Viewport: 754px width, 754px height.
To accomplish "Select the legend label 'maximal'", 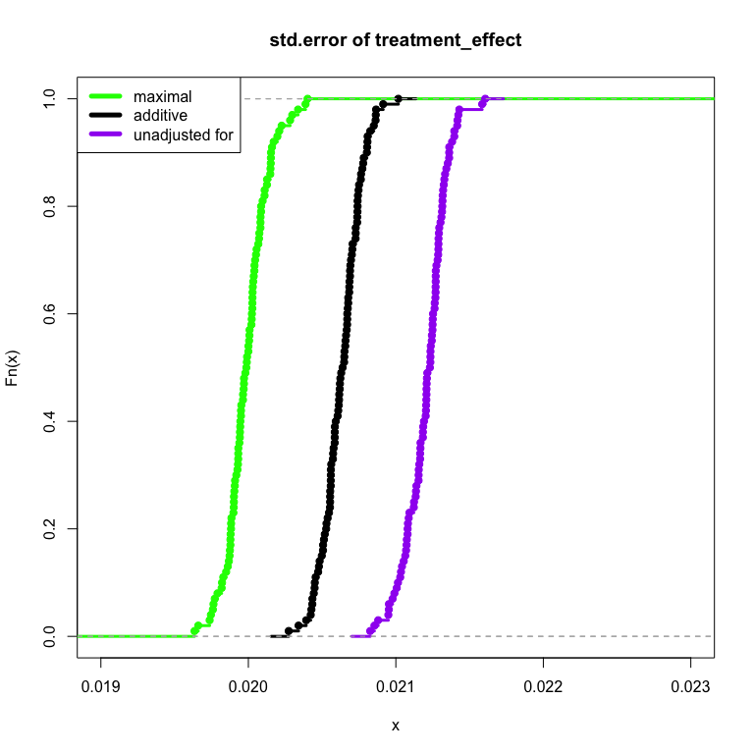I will click(x=162, y=97).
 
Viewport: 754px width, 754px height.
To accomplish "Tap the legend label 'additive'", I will click(x=160, y=116).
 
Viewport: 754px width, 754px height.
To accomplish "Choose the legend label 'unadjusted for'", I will click(x=183, y=135).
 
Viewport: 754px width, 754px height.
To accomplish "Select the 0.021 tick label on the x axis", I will click(x=396, y=687).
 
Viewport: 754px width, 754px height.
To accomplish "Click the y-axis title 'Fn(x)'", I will click(x=13, y=367).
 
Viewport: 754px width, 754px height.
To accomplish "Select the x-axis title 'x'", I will click(x=396, y=726).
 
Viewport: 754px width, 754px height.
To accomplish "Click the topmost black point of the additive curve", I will click(x=398, y=98).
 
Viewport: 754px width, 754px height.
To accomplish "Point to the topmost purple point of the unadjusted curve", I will click(x=485, y=98).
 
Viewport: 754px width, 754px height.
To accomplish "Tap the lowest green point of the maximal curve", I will click(x=194, y=631).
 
